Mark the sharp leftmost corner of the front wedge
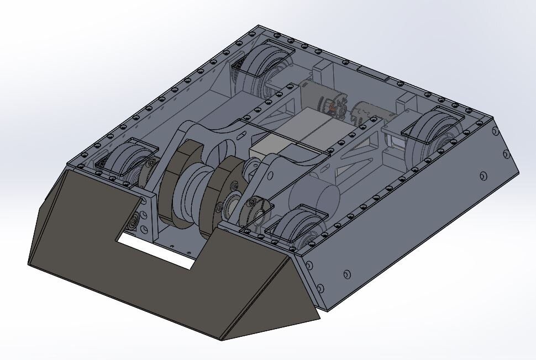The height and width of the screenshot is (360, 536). tap(29, 263)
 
